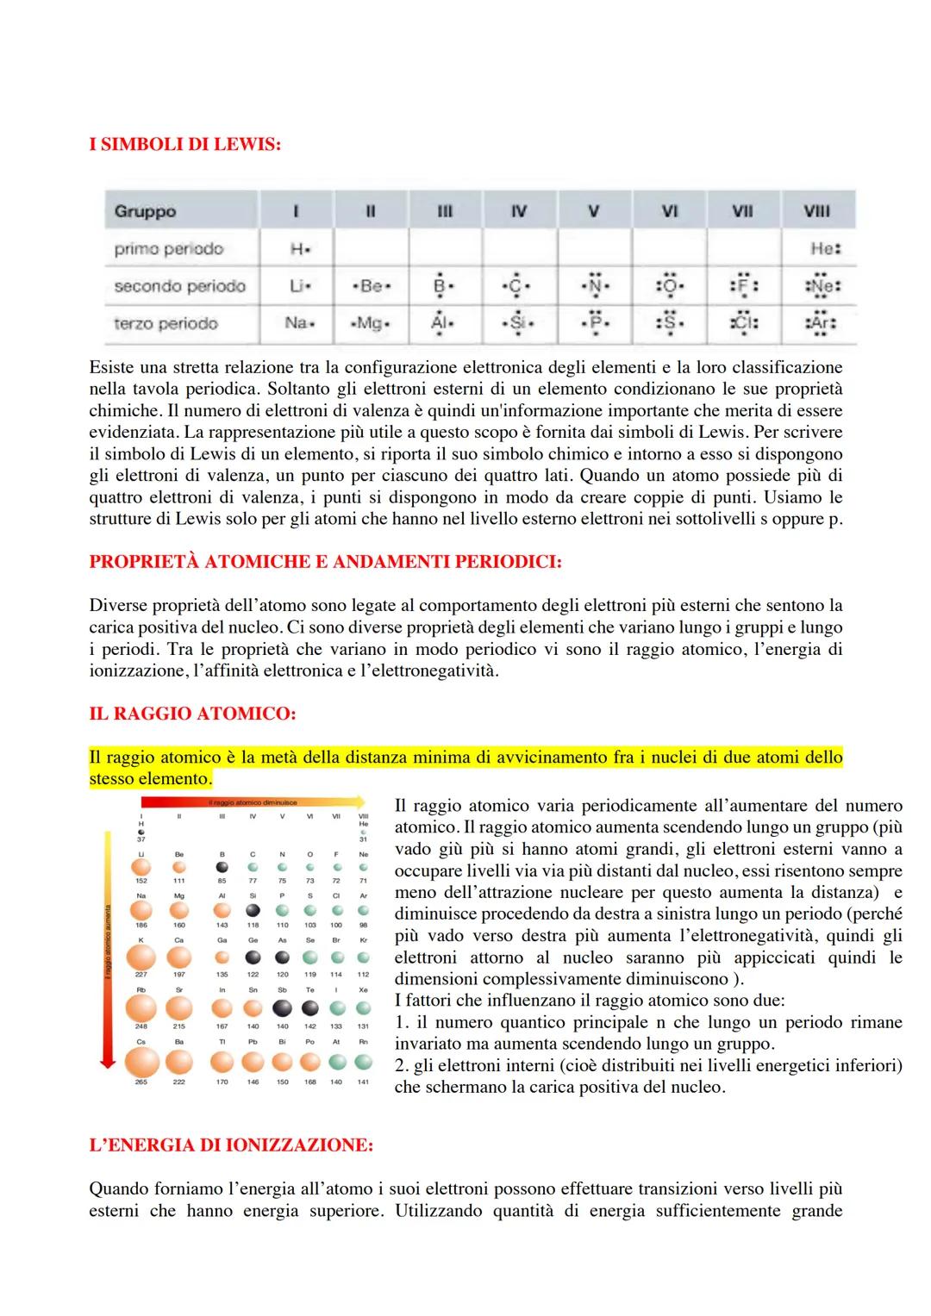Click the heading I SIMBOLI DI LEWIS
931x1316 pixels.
pos(184,145)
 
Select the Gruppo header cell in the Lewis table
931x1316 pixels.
pos(145,211)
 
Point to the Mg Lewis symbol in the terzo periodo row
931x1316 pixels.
pos(370,324)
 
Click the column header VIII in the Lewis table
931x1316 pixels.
pos(816,211)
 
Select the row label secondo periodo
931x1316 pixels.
pos(179,286)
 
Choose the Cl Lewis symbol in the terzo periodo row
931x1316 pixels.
pos(742,324)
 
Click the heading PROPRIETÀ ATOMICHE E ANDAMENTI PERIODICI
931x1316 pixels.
pos(325,562)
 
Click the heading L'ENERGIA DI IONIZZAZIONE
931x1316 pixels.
pos(231,1145)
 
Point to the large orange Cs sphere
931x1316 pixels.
pos(141,1062)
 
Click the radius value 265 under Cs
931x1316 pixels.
pos(141,1082)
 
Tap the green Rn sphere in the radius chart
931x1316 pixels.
pos(363,1062)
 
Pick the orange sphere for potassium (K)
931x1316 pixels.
pos(141,957)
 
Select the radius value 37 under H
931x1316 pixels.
pos(141,839)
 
